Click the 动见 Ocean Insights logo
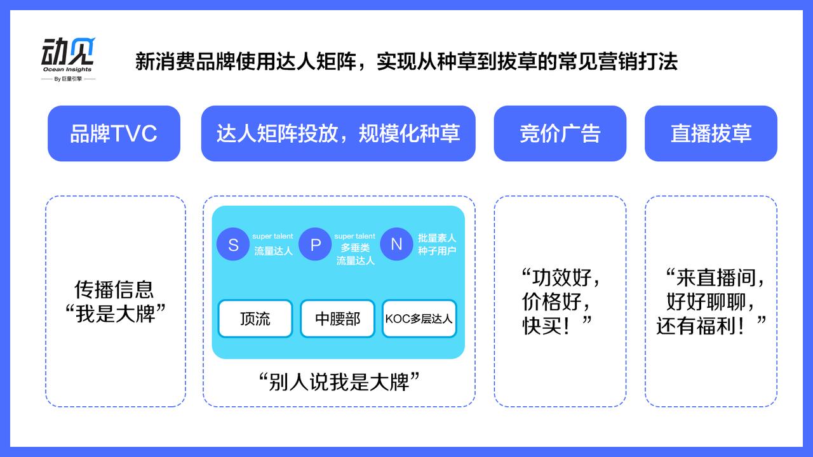(68, 55)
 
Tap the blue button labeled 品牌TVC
(114, 133)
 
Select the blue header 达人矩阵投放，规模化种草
(338, 133)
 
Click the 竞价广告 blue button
(560, 133)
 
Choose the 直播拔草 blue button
(711, 133)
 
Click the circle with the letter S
(233, 244)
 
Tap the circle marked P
(316, 244)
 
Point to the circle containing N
(396, 244)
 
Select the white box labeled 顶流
(255, 319)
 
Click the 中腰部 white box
(337, 319)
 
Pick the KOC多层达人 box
(419, 319)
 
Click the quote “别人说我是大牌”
(340, 382)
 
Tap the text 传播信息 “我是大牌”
(115, 301)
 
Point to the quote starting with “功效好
(560, 301)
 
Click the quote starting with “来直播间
(711, 301)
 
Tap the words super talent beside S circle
(273, 237)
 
